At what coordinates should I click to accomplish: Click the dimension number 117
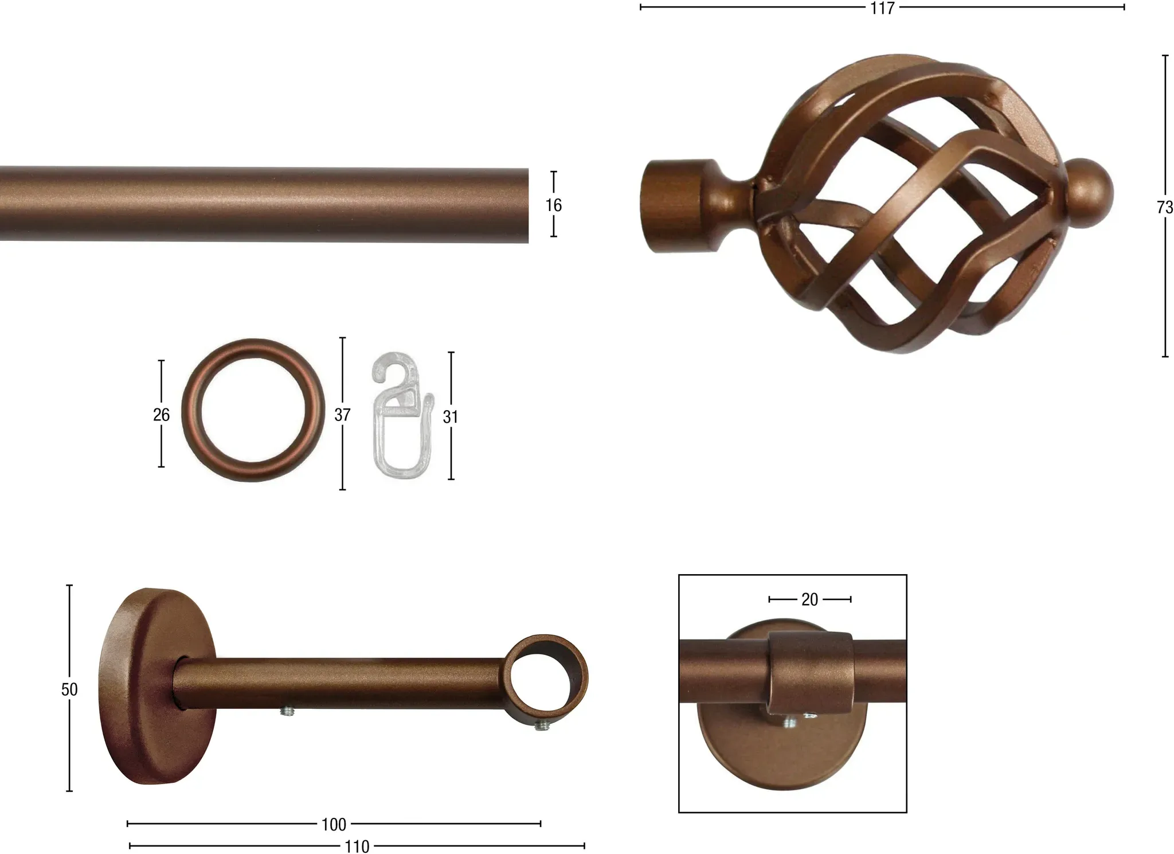click(882, 8)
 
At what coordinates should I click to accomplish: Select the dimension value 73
click(1165, 207)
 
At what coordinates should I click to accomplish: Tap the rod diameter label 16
click(553, 205)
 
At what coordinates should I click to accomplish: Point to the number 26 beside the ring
click(161, 415)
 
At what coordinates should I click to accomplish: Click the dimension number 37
click(342, 415)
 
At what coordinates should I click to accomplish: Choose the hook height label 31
click(451, 417)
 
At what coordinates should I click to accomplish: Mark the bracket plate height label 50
click(69, 689)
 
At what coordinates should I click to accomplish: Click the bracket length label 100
click(334, 825)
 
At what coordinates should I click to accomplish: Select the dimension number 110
click(357, 847)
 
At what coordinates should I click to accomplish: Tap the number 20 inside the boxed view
click(809, 599)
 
